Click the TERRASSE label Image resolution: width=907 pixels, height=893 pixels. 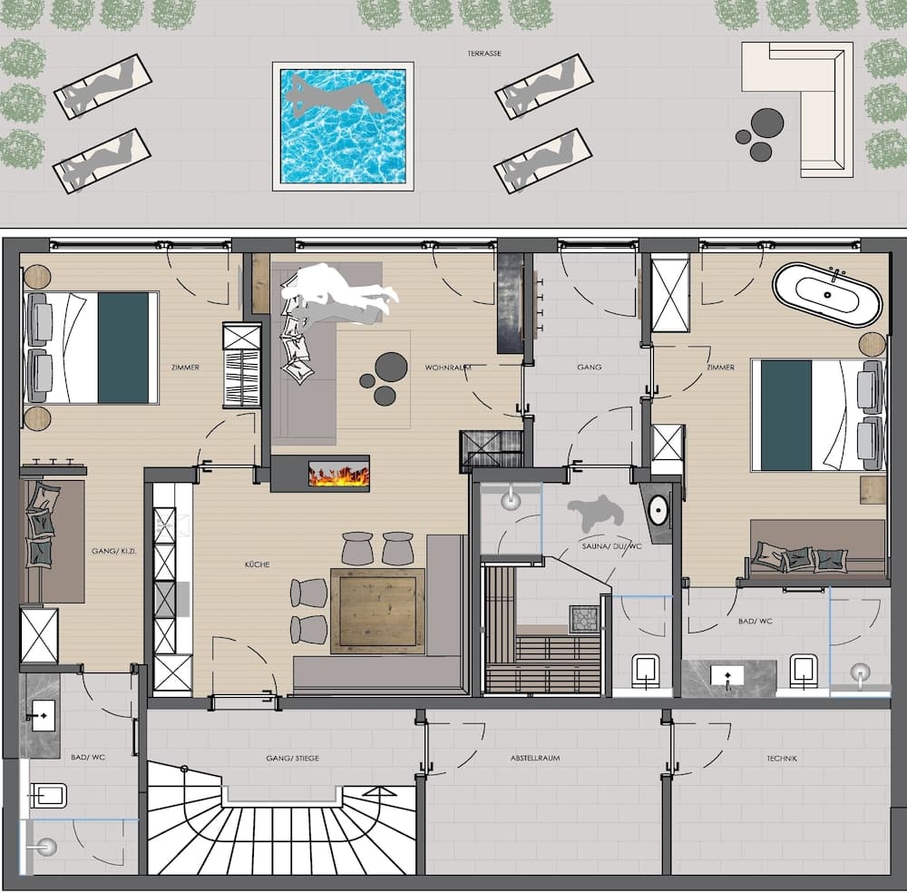click(x=485, y=54)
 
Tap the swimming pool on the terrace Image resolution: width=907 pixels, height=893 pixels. click(x=343, y=126)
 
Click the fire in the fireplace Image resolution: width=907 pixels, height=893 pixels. click(x=338, y=474)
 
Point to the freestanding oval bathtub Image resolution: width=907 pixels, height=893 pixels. click(x=826, y=295)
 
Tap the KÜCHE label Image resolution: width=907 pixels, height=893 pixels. click(x=257, y=564)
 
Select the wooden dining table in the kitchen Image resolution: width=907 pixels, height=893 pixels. click(x=377, y=609)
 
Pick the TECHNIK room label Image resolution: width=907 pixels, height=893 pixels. click(x=781, y=758)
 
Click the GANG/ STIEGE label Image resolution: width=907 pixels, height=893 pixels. click(x=292, y=758)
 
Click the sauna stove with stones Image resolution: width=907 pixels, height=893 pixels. click(x=585, y=618)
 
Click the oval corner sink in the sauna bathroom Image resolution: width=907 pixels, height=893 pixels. click(x=659, y=510)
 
